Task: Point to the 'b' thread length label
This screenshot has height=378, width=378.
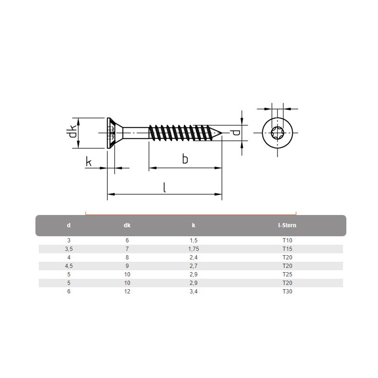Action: [185, 159]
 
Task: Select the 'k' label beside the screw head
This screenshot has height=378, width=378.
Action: [88, 162]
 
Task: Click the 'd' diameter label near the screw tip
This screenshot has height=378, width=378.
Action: [235, 133]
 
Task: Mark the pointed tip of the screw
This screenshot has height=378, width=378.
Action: [221, 134]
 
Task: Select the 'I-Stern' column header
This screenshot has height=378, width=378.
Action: [287, 226]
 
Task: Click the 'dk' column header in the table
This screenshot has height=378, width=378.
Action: [127, 226]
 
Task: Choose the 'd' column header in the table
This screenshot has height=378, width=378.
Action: [69, 226]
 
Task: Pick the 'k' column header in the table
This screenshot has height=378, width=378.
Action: [193, 226]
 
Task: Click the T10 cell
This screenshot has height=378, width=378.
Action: [287, 241]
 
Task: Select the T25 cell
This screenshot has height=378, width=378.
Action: [287, 275]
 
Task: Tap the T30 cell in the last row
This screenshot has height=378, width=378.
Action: [287, 292]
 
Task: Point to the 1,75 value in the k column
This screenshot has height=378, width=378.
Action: [193, 249]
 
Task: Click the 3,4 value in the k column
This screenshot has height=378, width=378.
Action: [193, 292]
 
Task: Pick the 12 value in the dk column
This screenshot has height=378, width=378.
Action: [127, 292]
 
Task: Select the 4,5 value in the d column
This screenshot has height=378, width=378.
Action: [69, 266]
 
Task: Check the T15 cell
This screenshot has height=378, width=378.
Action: [287, 249]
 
